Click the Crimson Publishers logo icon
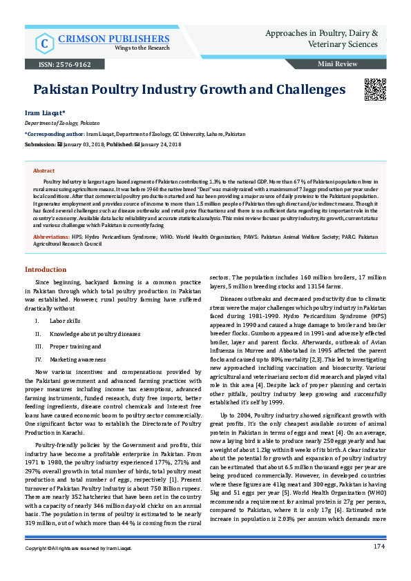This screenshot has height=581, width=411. point(44,43)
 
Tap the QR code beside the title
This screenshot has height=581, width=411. point(374,90)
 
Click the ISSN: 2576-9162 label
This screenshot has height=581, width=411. point(59,64)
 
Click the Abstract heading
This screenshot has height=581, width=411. point(44,170)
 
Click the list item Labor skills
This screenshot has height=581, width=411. point(66,321)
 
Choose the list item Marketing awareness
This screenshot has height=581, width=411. point(77,360)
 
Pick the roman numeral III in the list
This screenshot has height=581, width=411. point(38,346)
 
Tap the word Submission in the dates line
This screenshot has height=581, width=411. point(39,144)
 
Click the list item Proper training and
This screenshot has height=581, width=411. point(75,346)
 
